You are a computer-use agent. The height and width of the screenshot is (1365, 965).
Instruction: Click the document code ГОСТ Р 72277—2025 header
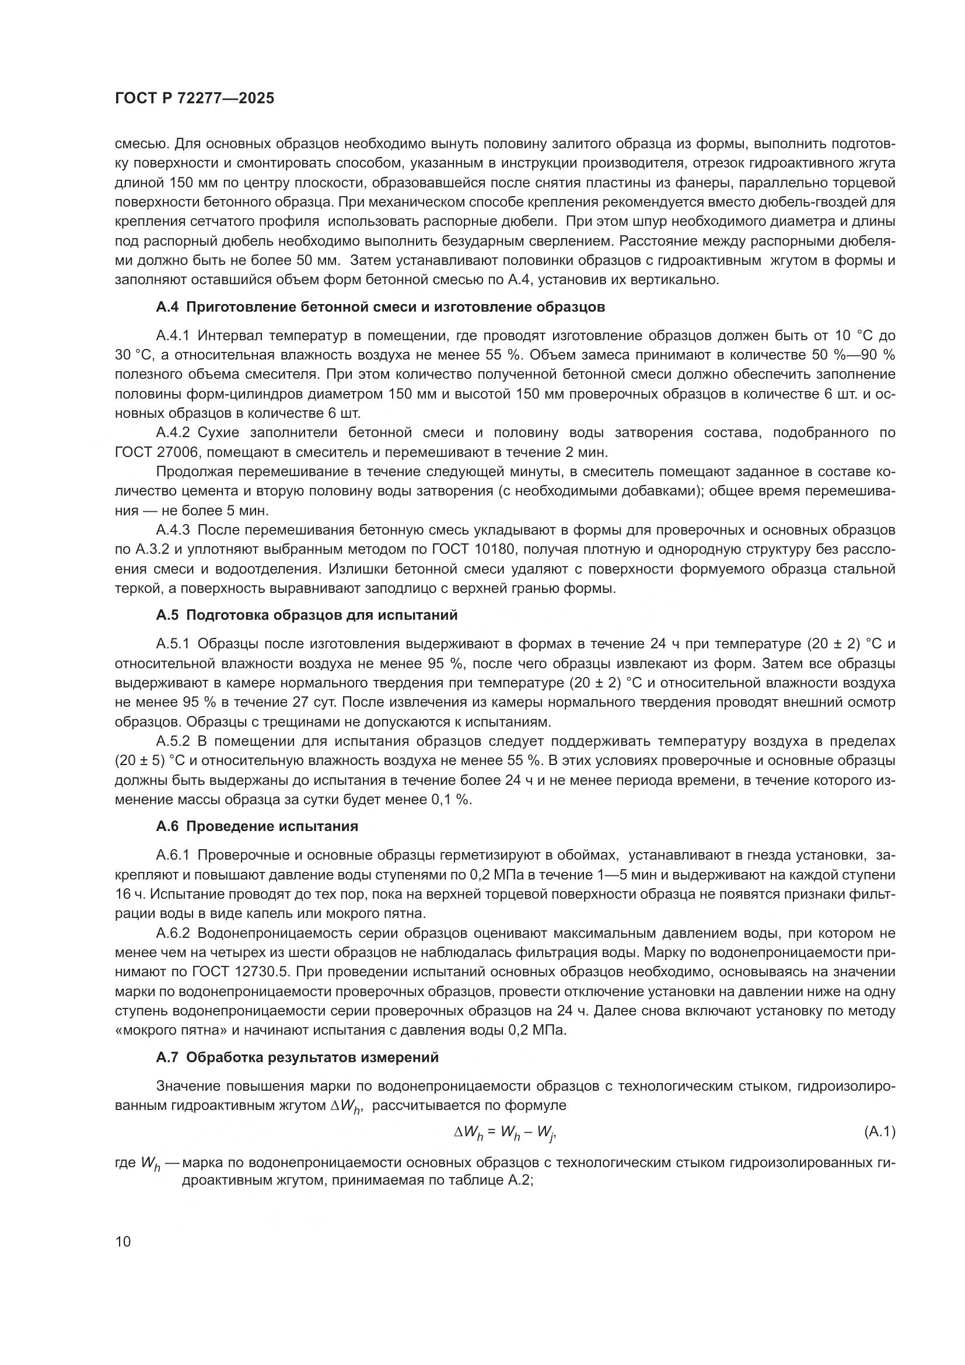pos(195,99)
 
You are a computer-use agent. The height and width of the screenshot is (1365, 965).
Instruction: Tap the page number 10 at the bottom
pos(123,1242)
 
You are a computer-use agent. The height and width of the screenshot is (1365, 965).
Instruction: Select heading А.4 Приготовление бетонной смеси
pos(380,308)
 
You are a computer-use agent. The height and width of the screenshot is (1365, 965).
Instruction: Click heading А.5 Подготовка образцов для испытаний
pos(307,615)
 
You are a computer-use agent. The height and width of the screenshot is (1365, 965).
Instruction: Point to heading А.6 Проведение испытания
pos(257,826)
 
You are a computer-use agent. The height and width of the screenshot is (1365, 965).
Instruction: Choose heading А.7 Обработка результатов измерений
pos(297,1057)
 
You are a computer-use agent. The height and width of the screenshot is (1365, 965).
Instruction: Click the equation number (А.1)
pos(879,1133)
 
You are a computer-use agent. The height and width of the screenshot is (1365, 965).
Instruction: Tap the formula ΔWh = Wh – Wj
pos(505,1133)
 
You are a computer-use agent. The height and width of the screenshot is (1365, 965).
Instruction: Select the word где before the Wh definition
pos(125,1162)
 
